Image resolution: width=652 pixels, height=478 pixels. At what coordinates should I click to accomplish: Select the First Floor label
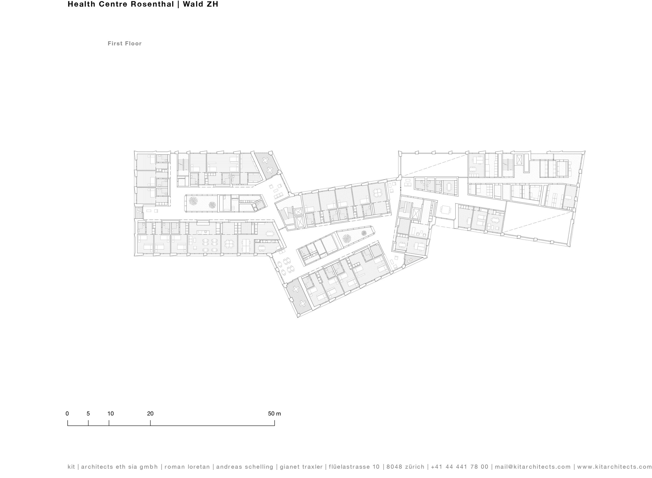coord(125,44)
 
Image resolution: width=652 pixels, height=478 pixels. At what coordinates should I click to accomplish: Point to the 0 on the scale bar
coord(67,414)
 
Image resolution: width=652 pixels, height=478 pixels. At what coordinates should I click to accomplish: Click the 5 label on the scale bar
coord(88,414)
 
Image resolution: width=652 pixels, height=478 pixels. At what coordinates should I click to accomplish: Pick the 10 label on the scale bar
coord(111,414)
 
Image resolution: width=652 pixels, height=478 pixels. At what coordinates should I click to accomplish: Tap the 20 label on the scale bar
coord(150,414)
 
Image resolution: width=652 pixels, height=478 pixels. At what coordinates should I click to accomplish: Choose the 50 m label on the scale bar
coord(274,414)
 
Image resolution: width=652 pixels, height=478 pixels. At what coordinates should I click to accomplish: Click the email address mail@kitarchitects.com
coord(532,467)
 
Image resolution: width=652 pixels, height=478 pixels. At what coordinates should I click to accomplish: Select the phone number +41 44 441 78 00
coord(459,467)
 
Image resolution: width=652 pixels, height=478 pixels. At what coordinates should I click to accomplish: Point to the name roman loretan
coord(187,467)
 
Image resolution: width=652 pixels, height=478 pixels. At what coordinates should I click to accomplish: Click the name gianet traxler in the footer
coord(301,467)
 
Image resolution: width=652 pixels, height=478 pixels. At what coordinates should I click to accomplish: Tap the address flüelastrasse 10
coord(354,467)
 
